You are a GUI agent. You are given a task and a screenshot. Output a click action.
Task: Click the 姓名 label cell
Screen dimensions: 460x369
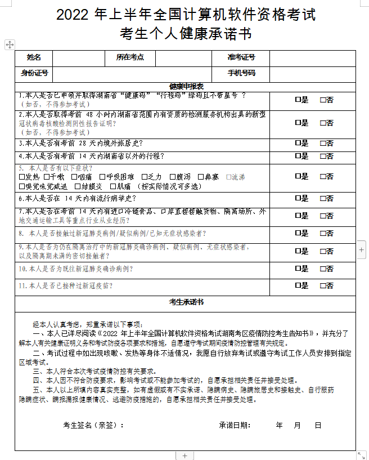point(34,57)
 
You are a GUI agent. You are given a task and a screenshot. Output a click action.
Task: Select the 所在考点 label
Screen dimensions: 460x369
point(130,57)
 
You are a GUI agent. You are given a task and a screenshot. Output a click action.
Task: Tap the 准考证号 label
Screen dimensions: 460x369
point(241,57)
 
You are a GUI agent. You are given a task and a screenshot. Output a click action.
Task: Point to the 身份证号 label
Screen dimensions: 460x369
point(34,73)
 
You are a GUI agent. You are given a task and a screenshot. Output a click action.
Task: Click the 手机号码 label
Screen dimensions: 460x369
point(241,73)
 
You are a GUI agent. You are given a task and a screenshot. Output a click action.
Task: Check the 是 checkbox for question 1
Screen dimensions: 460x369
point(298,100)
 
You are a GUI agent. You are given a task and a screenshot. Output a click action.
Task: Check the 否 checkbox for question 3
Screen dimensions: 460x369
point(323,144)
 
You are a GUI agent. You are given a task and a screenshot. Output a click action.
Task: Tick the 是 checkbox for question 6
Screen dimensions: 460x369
point(298,199)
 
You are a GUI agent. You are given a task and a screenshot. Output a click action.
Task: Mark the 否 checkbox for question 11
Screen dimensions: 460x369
point(323,286)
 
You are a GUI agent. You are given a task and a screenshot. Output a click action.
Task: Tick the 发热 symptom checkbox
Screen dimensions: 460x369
point(21,177)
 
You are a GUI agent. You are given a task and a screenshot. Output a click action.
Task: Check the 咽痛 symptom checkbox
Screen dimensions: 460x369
point(74,177)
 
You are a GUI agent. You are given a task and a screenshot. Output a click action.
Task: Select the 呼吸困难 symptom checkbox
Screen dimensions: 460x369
point(101,177)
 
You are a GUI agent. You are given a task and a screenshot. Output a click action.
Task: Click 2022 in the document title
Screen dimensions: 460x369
point(75,13)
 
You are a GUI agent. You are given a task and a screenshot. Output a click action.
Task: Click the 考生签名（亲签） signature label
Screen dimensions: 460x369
point(93,425)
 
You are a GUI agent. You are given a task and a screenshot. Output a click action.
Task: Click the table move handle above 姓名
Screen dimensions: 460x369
point(10,44)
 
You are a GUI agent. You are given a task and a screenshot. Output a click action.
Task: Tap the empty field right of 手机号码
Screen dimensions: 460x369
point(312,73)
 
